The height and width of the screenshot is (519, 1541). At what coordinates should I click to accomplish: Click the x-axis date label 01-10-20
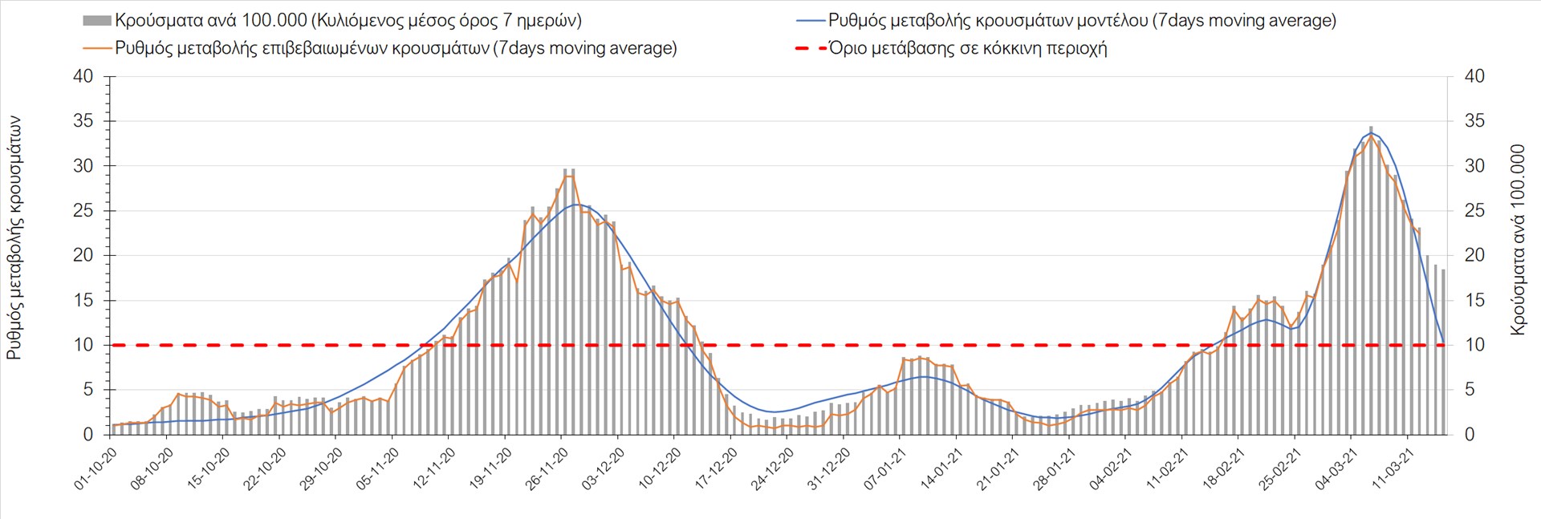(x=96, y=469)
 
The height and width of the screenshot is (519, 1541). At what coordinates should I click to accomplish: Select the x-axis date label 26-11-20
(x=548, y=469)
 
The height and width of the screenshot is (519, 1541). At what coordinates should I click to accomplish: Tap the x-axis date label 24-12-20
(x=774, y=469)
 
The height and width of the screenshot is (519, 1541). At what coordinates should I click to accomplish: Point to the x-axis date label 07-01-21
(x=886, y=469)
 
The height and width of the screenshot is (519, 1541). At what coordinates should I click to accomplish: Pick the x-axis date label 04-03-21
(x=1337, y=469)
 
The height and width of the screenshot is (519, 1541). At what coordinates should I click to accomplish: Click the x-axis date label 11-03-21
(x=1394, y=469)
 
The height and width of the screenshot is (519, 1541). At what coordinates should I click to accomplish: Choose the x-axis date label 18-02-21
(x=1225, y=469)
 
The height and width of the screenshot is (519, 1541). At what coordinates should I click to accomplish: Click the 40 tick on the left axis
(x=83, y=77)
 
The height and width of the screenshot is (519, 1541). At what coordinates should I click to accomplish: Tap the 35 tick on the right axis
(x=1475, y=121)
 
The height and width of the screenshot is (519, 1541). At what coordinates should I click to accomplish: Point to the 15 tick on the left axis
(x=83, y=301)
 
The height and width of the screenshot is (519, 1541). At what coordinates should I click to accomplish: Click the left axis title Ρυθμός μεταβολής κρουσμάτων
(x=14, y=237)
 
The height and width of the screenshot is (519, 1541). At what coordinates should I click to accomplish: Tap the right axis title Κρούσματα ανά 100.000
(x=1517, y=239)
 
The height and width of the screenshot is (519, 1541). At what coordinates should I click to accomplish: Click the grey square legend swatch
(x=96, y=21)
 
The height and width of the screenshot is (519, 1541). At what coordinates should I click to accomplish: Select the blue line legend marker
(x=811, y=21)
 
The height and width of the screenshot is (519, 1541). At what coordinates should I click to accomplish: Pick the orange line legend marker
(x=96, y=48)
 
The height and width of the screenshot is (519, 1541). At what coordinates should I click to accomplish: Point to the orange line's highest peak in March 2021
(x=1371, y=136)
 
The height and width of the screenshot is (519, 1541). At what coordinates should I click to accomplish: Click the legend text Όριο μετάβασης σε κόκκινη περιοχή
(x=968, y=48)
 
